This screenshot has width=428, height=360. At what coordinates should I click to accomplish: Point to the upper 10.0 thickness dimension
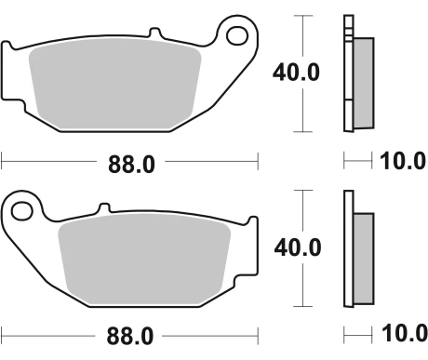401,163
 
